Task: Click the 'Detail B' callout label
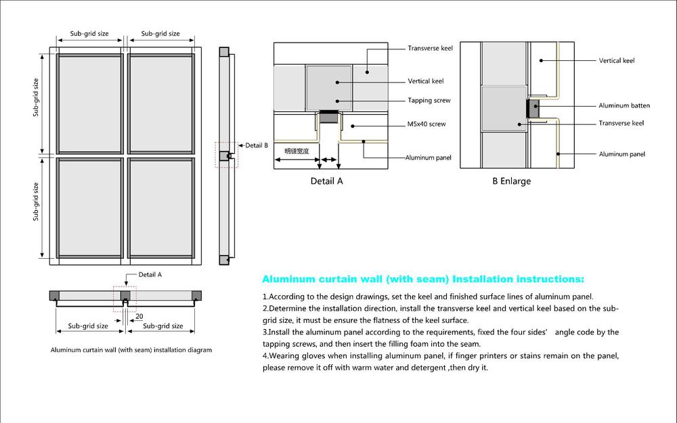pyautogui.click(x=257, y=145)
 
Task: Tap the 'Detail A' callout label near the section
pyautogui.click(x=150, y=275)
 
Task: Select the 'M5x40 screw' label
pyautogui.click(x=427, y=124)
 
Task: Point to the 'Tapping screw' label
pyautogui.click(x=429, y=101)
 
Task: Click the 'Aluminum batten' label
pyautogui.click(x=624, y=105)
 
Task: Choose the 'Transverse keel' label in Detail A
pyautogui.click(x=430, y=49)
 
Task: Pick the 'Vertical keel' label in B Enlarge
pyautogui.click(x=616, y=61)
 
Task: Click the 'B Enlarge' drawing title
pyautogui.click(x=511, y=181)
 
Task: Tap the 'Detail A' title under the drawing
pyautogui.click(x=326, y=181)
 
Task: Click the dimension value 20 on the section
pyautogui.click(x=139, y=316)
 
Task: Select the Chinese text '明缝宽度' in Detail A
pyautogui.click(x=297, y=151)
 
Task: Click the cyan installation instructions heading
pyautogui.click(x=422, y=278)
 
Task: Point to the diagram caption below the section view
pyautogui.click(x=131, y=350)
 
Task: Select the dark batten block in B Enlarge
pyautogui.click(x=533, y=108)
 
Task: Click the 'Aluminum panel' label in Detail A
pyautogui.click(x=429, y=157)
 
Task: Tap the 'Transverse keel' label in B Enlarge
pyautogui.click(x=621, y=123)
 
